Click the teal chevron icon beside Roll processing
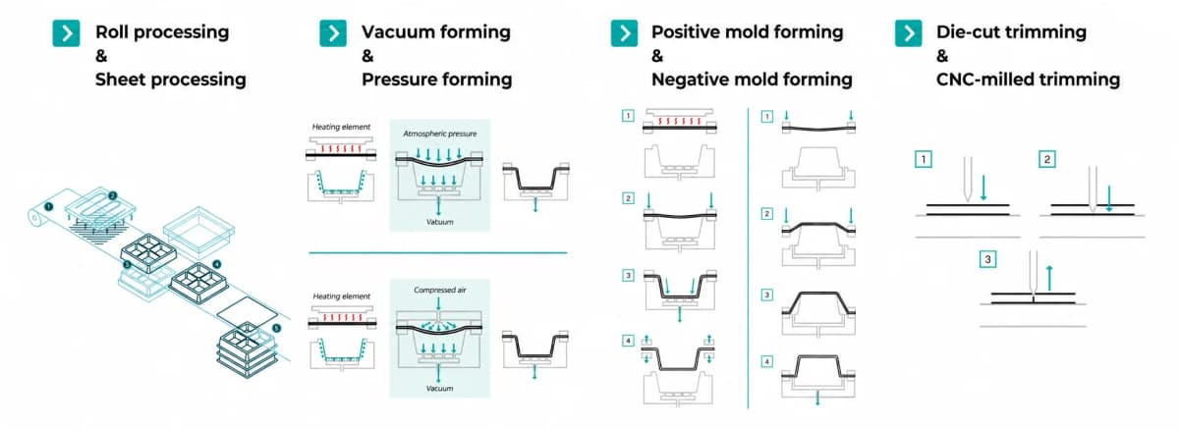click(x=67, y=33)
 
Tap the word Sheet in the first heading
click(x=122, y=80)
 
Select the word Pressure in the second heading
click(x=403, y=80)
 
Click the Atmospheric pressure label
click(x=440, y=134)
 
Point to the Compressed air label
click(x=440, y=290)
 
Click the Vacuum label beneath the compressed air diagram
click(x=439, y=389)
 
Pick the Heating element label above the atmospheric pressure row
click(x=341, y=127)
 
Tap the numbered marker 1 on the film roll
click(x=48, y=206)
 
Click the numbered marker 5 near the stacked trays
click(x=276, y=329)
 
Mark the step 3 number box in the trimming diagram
click(x=987, y=259)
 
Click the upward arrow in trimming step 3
click(x=1049, y=278)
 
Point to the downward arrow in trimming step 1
click(x=983, y=188)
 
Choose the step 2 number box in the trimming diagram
click(x=1047, y=159)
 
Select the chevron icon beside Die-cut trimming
click(x=909, y=33)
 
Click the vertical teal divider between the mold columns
click(x=748, y=257)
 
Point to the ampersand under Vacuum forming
click(x=367, y=56)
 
